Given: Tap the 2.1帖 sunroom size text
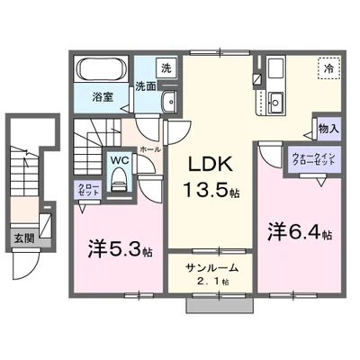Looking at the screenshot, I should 213,282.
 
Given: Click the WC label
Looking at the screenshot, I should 119,162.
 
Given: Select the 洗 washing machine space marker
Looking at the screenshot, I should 141,67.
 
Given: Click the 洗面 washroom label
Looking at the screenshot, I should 147,86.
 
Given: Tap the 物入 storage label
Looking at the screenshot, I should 327,129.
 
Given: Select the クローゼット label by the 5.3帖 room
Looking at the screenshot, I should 86,189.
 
